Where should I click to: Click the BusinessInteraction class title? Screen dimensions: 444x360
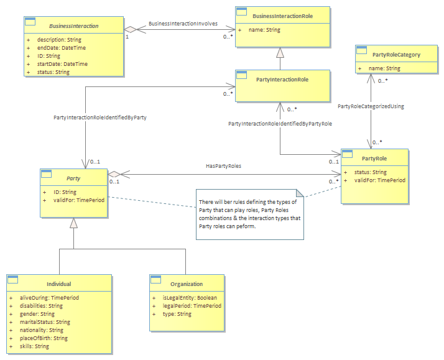(74, 26)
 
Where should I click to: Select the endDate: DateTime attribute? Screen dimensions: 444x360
(62, 48)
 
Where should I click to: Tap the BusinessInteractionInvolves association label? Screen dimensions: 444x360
(183, 24)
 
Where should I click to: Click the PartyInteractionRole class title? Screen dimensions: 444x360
(282, 80)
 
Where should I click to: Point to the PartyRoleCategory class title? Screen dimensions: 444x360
(397, 55)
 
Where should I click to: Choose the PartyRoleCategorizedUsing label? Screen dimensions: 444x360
(371, 106)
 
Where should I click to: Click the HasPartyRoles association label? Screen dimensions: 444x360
(224, 166)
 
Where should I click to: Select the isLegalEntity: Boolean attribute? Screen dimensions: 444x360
(190, 298)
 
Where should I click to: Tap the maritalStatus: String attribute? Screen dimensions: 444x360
(45, 322)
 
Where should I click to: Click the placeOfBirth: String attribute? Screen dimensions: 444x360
(44, 338)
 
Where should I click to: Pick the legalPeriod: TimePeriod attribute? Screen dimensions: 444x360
(192, 306)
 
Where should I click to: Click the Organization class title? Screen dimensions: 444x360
(187, 284)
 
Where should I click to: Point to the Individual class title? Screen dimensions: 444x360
(59, 284)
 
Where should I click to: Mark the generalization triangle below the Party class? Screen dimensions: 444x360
(73, 223)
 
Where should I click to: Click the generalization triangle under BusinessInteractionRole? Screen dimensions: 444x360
(280, 53)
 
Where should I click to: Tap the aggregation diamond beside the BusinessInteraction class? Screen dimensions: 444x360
(130, 29)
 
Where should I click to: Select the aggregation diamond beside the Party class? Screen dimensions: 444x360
(114, 174)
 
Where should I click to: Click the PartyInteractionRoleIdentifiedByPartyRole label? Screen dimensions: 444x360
(280, 124)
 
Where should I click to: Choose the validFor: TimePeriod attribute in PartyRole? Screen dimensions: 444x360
(380, 180)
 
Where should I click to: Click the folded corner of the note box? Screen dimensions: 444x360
(300, 193)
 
